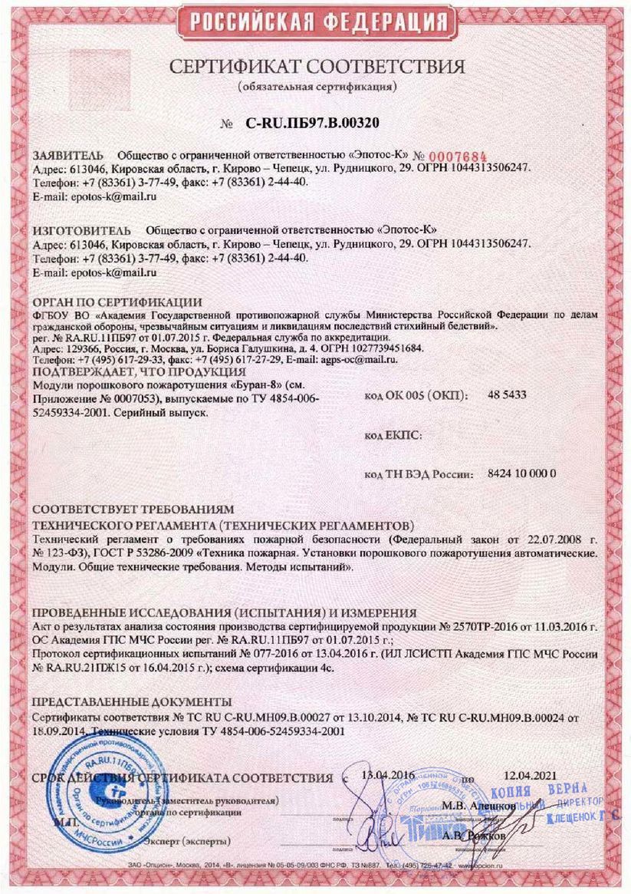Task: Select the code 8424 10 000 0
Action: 521,475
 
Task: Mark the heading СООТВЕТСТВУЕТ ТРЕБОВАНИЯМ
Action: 133,510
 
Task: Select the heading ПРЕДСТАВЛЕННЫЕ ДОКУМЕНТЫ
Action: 132,701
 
